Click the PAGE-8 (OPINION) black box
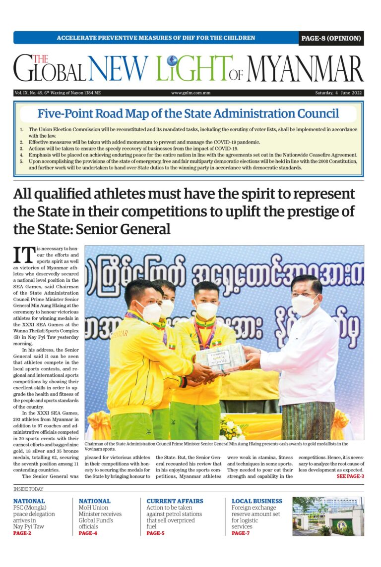331,38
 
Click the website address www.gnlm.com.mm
190,93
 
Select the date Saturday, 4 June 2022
338,93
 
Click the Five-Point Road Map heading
188,113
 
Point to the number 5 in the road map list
21,161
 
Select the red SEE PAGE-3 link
350,476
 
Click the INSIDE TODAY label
28,489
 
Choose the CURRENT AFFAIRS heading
175,501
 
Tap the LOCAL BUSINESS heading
256,501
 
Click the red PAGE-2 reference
22,533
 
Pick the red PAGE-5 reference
155,533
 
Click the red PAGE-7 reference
241,533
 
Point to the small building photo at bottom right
328,516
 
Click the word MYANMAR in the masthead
305,69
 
